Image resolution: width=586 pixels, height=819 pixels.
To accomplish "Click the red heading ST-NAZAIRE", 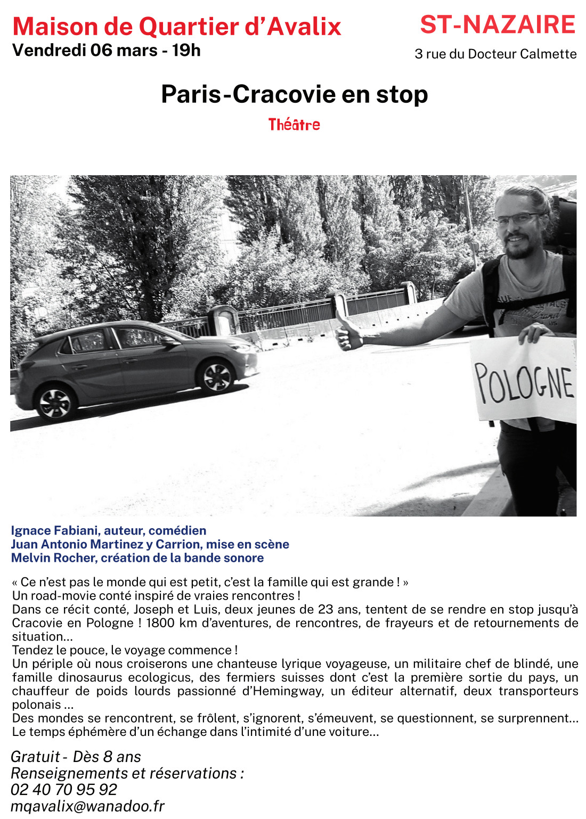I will click(x=498, y=25).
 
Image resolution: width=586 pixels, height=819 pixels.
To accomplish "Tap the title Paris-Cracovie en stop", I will click(x=294, y=94).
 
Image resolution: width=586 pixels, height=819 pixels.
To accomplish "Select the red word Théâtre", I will click(x=294, y=125).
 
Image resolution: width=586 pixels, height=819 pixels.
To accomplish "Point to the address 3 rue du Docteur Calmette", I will click(x=495, y=54).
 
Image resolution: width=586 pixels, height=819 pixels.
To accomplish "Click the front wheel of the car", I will click(x=217, y=376).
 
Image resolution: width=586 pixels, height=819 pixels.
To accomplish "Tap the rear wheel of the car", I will click(x=55, y=403).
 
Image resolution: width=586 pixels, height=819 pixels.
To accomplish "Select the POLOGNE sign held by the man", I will click(x=524, y=381).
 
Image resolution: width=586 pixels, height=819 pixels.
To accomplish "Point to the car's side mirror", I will click(x=169, y=341).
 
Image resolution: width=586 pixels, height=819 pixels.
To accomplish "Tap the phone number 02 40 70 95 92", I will click(x=64, y=789).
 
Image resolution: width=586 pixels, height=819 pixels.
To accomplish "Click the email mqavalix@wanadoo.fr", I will click(x=87, y=806).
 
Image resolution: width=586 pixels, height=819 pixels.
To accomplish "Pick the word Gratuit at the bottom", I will click(x=35, y=757).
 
